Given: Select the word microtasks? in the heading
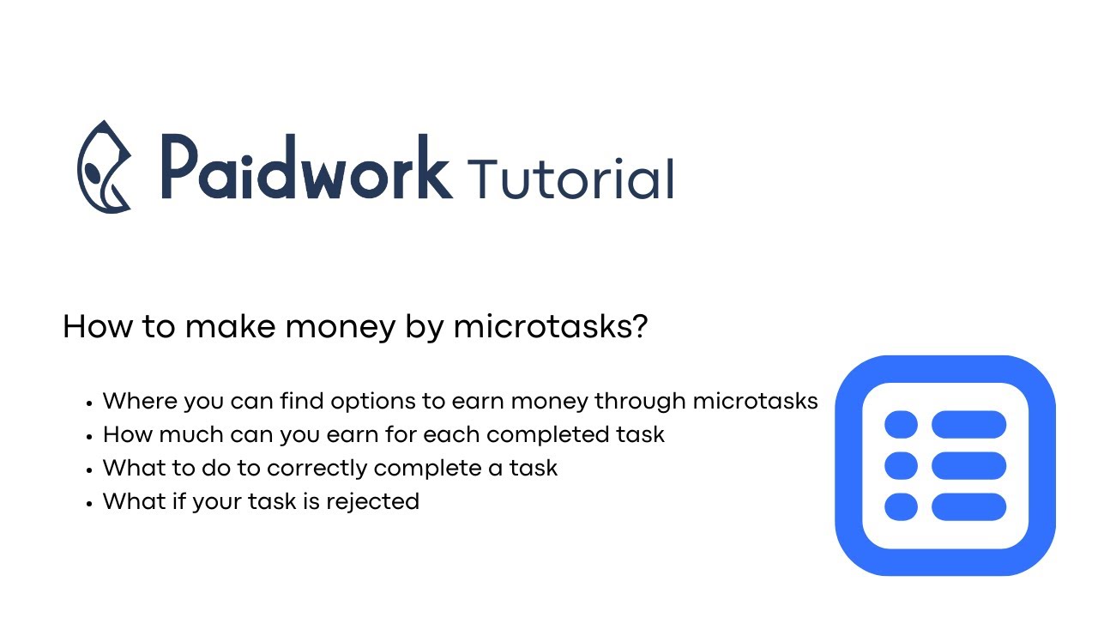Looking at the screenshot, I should [x=550, y=327].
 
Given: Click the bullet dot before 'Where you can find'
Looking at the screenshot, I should [x=89, y=403].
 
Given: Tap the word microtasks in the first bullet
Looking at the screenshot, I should [x=755, y=401].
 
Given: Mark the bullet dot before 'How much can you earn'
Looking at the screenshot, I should [x=89, y=436].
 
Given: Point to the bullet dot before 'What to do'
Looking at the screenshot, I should [x=89, y=470].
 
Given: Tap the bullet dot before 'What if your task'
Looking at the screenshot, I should [x=89, y=503].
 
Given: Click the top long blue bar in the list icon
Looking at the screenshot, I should [x=968, y=424].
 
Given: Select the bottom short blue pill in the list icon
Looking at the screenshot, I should [x=901, y=506].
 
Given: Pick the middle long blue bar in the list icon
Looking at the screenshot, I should [x=968, y=465].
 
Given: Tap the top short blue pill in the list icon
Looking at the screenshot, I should [x=901, y=424].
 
